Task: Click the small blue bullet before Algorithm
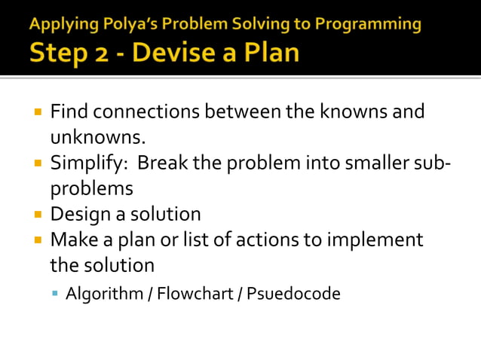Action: click(56, 293)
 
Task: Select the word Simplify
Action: click(84, 163)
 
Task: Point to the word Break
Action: click(163, 163)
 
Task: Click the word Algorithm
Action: click(103, 294)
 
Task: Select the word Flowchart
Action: click(195, 293)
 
